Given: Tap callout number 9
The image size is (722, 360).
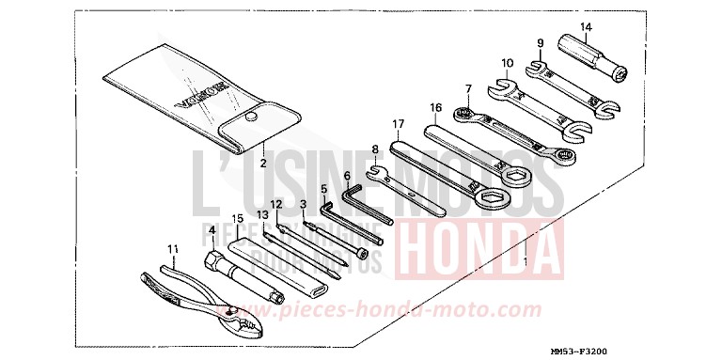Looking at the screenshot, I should (x=541, y=43).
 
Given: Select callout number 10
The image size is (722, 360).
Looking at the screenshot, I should (x=507, y=63).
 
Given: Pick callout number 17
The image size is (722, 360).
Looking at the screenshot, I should (x=399, y=123).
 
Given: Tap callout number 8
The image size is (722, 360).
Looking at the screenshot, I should (x=375, y=149).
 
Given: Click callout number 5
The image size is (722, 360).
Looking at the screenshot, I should (x=324, y=188).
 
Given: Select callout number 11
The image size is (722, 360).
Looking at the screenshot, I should (x=171, y=249).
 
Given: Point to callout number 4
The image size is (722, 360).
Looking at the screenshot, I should (x=212, y=229).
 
